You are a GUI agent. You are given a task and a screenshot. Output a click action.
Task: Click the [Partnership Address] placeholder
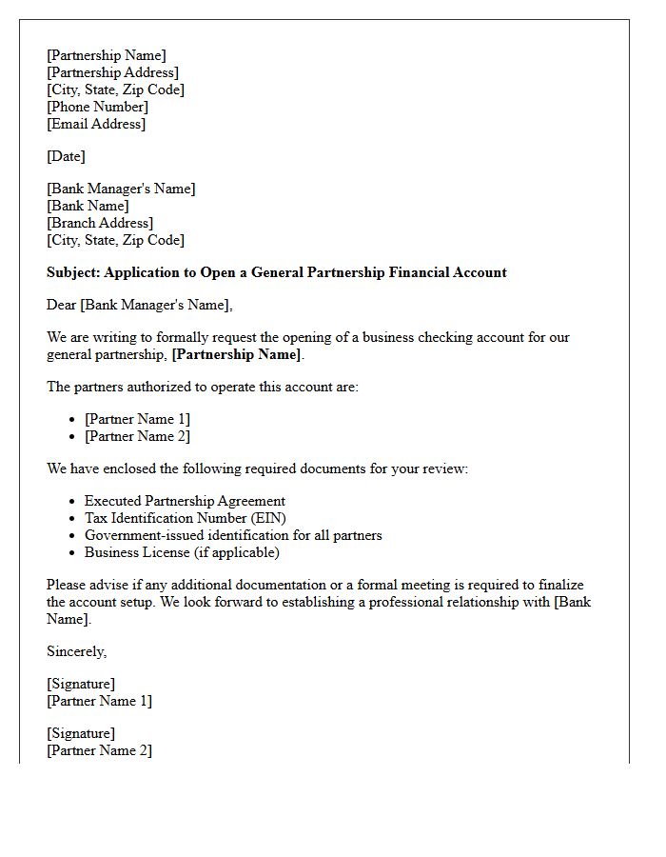(112, 72)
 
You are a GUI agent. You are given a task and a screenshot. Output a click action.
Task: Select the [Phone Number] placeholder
(97, 107)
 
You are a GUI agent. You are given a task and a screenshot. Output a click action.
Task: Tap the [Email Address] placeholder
(96, 124)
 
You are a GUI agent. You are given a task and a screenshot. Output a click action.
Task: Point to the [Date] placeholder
(66, 156)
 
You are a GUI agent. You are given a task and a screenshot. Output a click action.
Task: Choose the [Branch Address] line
(100, 223)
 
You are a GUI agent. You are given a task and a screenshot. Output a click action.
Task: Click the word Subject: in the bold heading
(73, 272)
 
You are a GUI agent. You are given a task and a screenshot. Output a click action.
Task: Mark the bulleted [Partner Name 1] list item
(137, 419)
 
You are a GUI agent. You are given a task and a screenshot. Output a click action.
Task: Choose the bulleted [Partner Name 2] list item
(137, 436)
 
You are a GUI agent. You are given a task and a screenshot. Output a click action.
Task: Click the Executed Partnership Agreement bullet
(185, 501)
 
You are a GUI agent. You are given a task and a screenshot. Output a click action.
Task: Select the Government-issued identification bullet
(233, 535)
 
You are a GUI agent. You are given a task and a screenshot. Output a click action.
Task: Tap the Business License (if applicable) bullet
(182, 552)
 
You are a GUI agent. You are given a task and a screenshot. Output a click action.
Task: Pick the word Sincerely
(76, 651)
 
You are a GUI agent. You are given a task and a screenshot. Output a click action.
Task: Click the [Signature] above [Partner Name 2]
(81, 733)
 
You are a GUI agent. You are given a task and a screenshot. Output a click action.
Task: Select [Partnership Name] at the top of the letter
(106, 55)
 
